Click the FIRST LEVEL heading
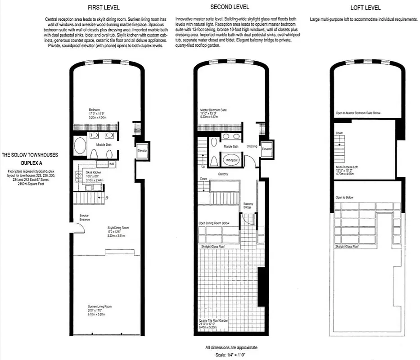(107, 8)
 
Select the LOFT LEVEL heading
(365, 8)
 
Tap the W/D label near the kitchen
(111, 164)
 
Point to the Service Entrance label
(84, 218)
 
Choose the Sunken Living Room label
(99, 307)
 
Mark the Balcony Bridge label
(248, 206)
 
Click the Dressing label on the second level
(252, 146)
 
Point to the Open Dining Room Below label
(214, 223)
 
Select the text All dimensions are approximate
(231, 347)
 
